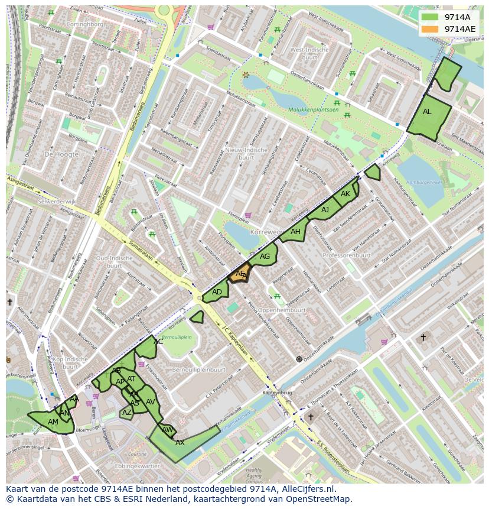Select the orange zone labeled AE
(x=239, y=274)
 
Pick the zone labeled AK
(x=345, y=194)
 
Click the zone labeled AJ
(x=324, y=210)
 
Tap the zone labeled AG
(x=264, y=257)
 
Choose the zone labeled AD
(x=216, y=292)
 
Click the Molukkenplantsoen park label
(x=314, y=109)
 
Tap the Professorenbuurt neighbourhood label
(x=347, y=255)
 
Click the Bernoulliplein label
(x=177, y=336)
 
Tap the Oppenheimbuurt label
(x=282, y=309)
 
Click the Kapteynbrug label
(x=273, y=393)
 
